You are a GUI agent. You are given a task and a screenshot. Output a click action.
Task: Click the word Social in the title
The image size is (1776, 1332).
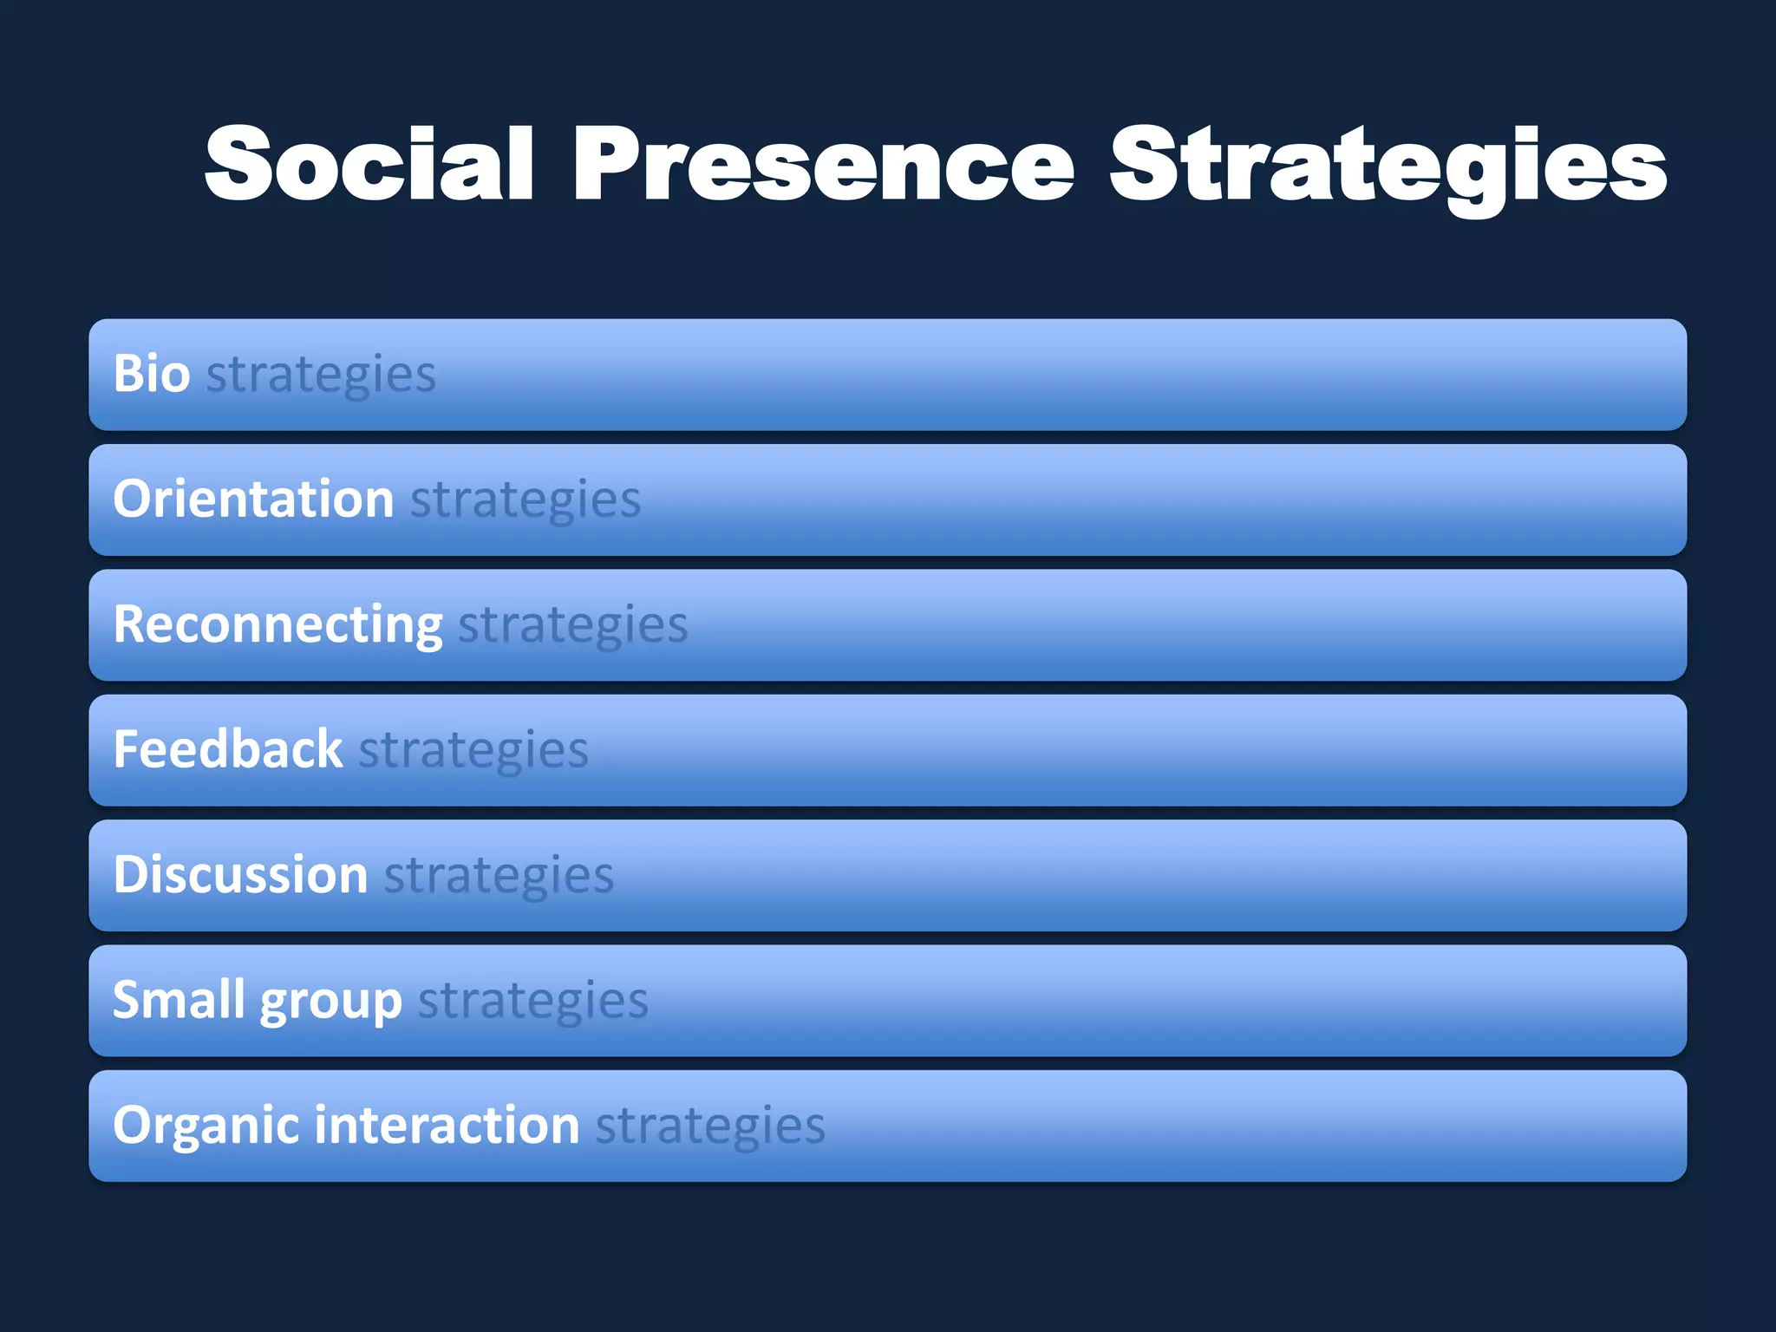click(369, 165)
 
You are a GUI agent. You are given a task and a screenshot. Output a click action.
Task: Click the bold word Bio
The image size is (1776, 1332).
click(152, 374)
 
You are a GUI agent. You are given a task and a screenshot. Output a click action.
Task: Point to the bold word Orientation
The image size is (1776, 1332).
click(253, 499)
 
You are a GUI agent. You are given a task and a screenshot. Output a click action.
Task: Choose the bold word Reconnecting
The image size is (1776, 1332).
click(277, 624)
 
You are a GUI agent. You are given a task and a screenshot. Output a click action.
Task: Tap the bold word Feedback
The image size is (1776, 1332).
click(228, 749)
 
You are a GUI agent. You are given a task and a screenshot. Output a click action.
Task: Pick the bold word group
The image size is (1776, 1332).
click(330, 1003)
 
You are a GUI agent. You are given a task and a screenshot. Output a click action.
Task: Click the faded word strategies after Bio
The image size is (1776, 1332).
click(321, 375)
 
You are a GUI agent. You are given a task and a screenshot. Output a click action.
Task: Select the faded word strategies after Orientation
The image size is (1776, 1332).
click(526, 500)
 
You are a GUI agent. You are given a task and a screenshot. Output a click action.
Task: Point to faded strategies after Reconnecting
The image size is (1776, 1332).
click(573, 625)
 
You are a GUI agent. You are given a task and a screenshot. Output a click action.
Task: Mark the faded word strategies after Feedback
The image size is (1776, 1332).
click(473, 750)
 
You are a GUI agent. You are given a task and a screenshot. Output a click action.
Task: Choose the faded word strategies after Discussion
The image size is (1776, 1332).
click(499, 875)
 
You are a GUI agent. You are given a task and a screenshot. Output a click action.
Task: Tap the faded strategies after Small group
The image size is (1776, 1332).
click(533, 1001)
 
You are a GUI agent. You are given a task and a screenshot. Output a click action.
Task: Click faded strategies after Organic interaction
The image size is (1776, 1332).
click(710, 1126)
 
